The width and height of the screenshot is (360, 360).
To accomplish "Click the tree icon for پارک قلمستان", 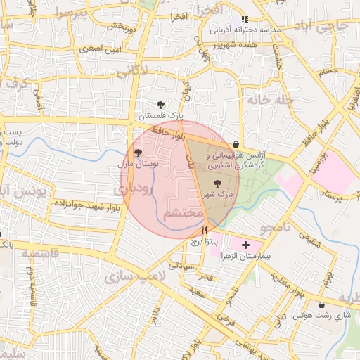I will [x=162, y=104].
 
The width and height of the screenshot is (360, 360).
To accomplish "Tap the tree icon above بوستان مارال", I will [x=138, y=152].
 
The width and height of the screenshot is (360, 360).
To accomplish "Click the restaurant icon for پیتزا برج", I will [x=204, y=230].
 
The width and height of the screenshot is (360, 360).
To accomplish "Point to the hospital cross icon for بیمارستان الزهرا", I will [x=245, y=245].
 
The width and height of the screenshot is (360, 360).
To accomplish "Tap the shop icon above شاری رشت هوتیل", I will [x=322, y=305].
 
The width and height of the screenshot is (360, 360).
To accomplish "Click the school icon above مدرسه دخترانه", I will [x=245, y=19].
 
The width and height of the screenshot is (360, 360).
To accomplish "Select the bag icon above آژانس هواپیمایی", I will [x=244, y=143].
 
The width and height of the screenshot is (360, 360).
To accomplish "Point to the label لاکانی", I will [x=131, y=71].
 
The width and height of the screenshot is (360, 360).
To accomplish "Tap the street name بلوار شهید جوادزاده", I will [x=82, y=203].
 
